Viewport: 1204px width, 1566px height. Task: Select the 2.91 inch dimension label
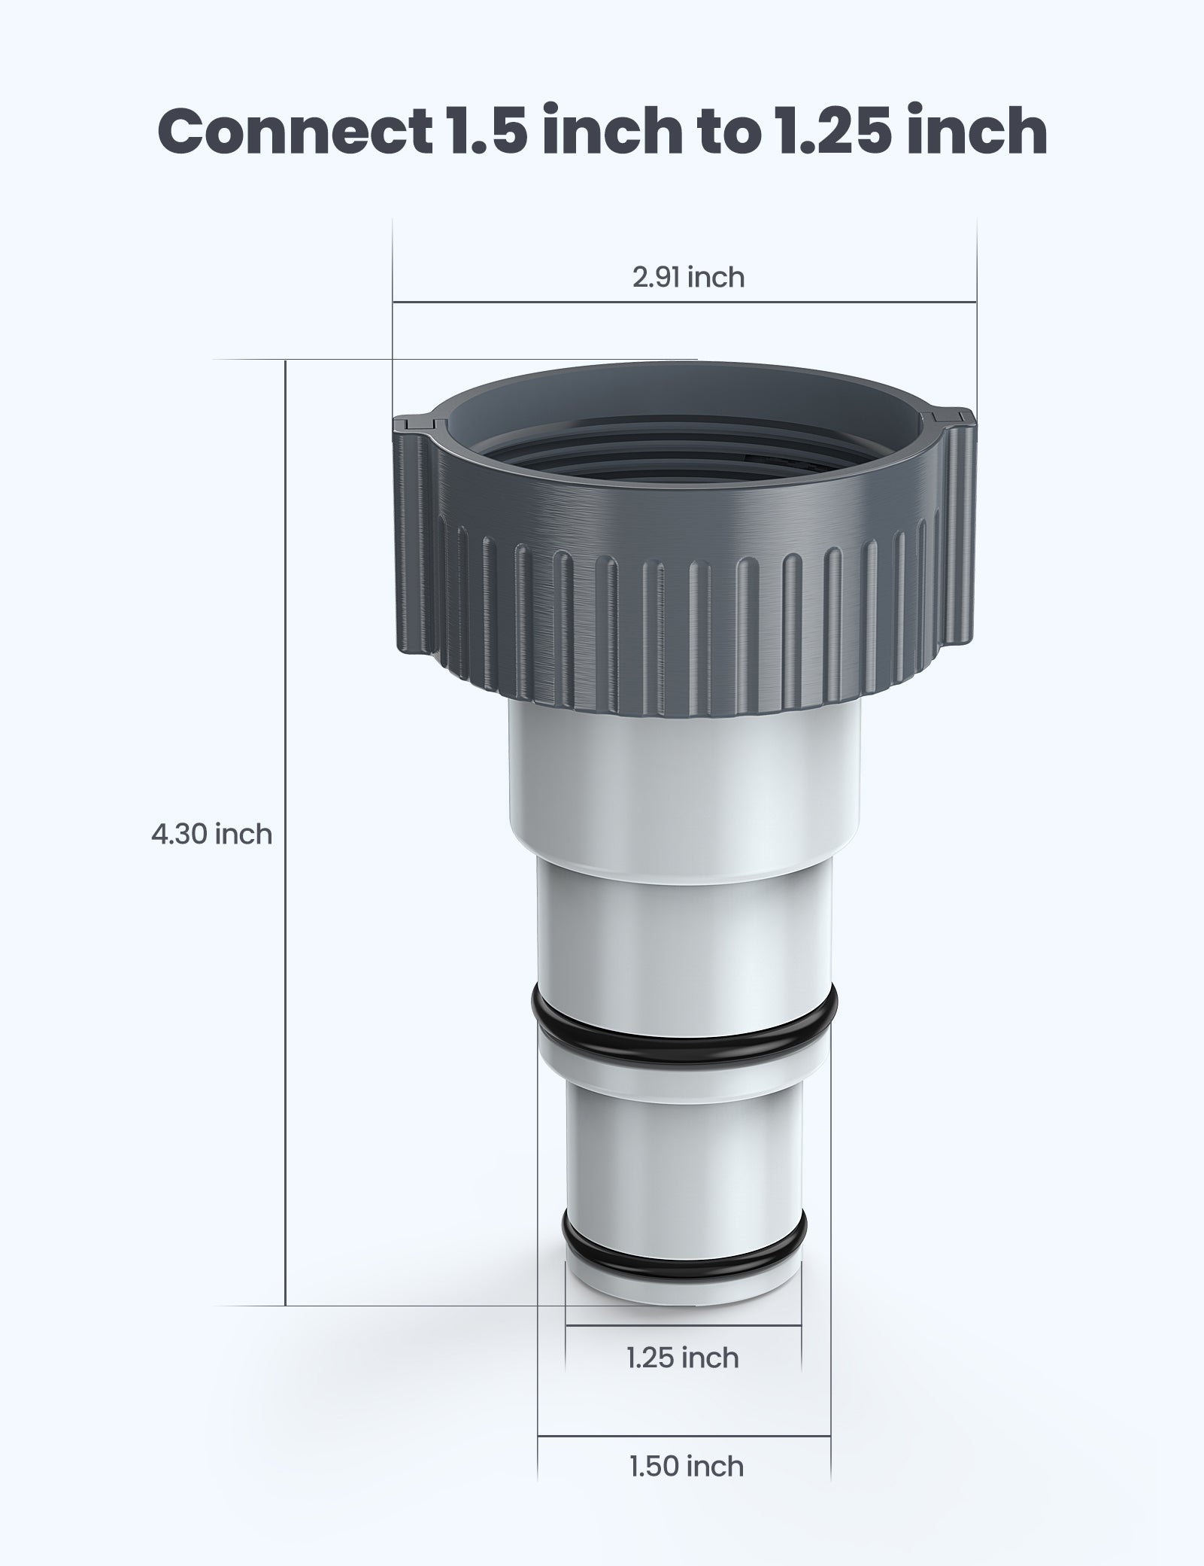(x=688, y=278)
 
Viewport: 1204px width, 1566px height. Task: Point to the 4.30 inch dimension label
(x=211, y=834)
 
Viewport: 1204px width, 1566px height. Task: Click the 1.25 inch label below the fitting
(x=683, y=1358)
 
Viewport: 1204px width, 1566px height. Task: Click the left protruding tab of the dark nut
(x=414, y=422)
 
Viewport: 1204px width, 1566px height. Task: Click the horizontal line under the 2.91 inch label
(x=684, y=303)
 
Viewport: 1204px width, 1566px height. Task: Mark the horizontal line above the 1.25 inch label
(x=683, y=1325)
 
